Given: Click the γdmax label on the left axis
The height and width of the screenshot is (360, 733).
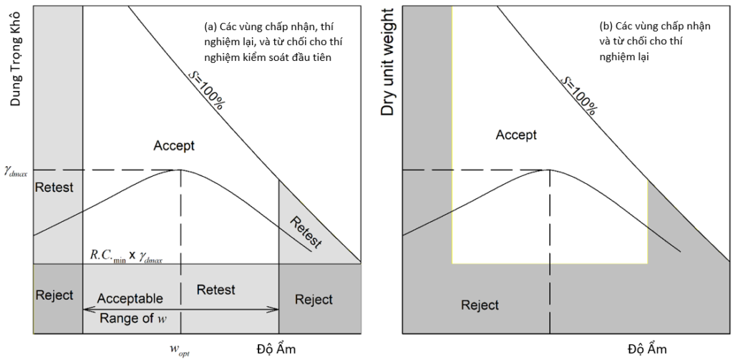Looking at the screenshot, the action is pyautogui.click(x=16, y=172).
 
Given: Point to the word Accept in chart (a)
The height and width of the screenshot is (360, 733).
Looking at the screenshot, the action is pyautogui.click(x=174, y=146).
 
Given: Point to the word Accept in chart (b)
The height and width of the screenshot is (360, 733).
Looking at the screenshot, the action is pyautogui.click(x=516, y=135).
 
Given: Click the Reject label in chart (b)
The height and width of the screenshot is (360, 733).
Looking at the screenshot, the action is pyautogui.click(x=480, y=306).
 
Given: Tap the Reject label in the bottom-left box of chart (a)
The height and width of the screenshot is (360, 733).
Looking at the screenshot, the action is pyautogui.click(x=54, y=296).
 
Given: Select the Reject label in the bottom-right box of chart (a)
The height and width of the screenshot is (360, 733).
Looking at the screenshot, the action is pyautogui.click(x=314, y=299).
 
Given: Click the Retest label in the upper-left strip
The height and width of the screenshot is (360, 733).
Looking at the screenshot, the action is pyautogui.click(x=54, y=188).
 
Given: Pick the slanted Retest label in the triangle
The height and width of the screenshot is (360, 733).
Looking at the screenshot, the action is pyautogui.click(x=306, y=232).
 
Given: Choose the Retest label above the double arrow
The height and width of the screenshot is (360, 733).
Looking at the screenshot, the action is pyautogui.click(x=215, y=289).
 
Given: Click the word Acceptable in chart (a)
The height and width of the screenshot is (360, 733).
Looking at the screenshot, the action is pyautogui.click(x=130, y=298).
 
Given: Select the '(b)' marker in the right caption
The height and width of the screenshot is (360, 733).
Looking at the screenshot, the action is pyautogui.click(x=606, y=26).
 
